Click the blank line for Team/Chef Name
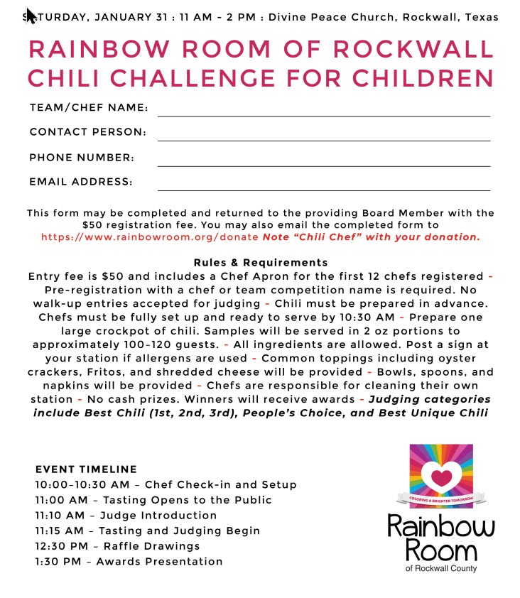324,115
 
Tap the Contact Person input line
324,140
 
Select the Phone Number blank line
324,165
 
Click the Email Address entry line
324,190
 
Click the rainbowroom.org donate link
150,237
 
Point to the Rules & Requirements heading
260,263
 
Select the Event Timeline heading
86,469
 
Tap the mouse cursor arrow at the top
31,15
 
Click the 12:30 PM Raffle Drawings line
117,546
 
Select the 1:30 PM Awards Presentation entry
129,562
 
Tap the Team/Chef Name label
89,108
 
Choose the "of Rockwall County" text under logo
440,569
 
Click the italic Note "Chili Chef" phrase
372,237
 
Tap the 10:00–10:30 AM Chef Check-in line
166,485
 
